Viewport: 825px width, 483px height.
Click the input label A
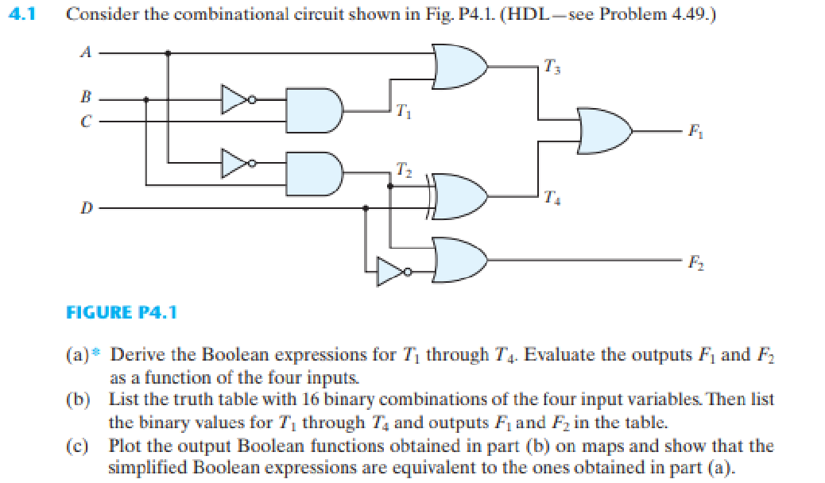[86, 52]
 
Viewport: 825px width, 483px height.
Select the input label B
[86, 99]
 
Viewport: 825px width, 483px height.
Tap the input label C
[86, 122]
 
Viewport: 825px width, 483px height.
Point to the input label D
[86, 208]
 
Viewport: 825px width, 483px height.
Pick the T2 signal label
[403, 168]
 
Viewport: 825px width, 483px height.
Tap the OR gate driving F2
[459, 260]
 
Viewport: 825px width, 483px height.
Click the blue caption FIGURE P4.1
[122, 311]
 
